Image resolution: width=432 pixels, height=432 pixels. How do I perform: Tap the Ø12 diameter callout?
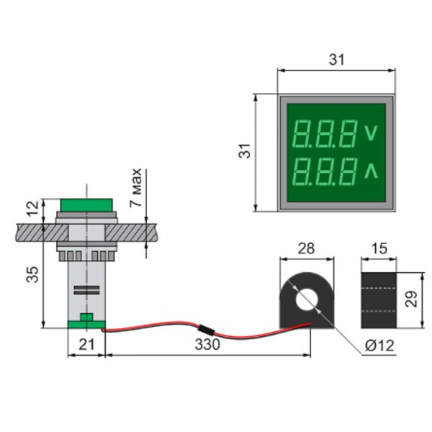point(379,346)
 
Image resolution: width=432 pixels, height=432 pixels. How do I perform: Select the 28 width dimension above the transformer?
point(306,248)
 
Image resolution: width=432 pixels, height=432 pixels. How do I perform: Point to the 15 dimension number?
point(379,248)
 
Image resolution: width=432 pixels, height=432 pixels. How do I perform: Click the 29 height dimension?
point(411,299)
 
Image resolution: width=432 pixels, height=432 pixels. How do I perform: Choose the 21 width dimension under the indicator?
point(86,345)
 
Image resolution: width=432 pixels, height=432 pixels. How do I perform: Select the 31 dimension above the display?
point(336,61)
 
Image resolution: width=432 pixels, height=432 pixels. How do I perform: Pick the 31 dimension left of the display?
point(245,152)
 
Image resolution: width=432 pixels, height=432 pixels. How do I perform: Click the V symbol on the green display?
point(372,133)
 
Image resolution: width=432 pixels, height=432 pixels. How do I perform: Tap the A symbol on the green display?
point(372,171)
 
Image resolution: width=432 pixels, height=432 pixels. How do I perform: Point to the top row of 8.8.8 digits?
point(326,134)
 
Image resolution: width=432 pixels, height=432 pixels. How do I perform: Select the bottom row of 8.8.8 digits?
point(326,172)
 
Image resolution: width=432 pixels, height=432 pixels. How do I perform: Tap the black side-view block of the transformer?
point(379,300)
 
